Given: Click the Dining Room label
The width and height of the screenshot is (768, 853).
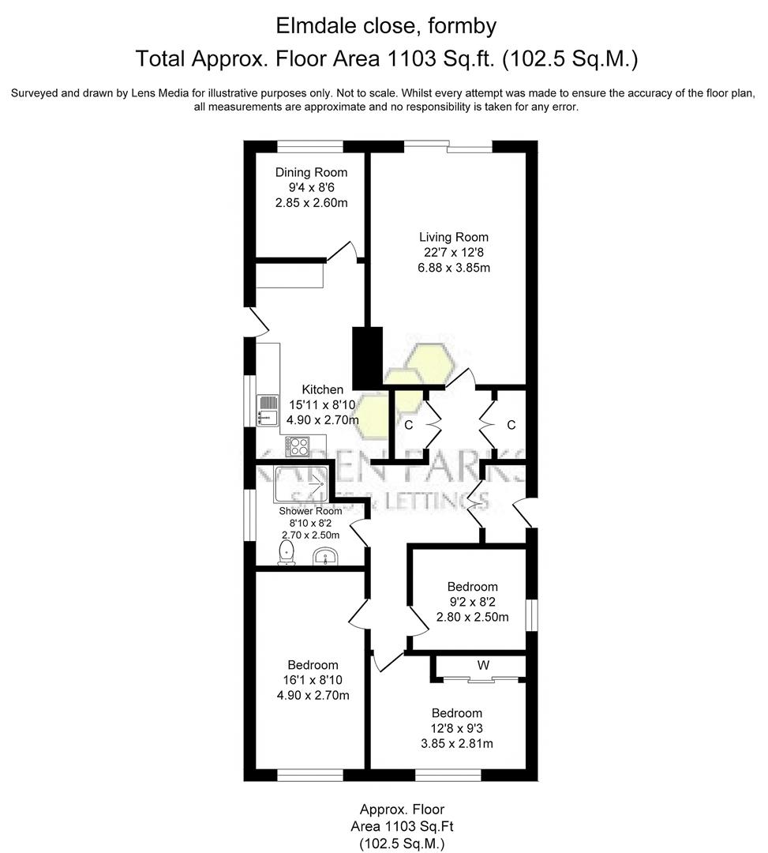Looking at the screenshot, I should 311,172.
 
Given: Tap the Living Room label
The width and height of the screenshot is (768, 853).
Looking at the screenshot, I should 453,237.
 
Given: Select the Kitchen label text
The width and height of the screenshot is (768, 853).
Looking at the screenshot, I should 323,389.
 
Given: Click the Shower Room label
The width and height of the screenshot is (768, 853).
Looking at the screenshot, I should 310,511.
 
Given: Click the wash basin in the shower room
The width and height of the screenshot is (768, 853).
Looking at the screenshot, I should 325,558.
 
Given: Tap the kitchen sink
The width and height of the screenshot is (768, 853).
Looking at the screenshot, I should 268,408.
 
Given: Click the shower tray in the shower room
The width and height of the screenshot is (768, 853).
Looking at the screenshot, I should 301,484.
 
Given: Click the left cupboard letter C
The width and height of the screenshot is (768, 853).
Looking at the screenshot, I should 408,425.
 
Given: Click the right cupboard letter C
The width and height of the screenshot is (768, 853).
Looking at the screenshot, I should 511,425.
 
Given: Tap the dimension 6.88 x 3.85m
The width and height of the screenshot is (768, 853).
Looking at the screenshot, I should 453,267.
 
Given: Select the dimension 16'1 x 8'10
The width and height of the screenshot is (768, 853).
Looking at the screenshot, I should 313,680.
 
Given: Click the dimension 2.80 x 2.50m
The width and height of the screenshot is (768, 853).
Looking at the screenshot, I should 472,617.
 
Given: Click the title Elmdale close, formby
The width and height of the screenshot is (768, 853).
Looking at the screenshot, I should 386,26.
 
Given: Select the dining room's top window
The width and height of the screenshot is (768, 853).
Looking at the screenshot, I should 309,145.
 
